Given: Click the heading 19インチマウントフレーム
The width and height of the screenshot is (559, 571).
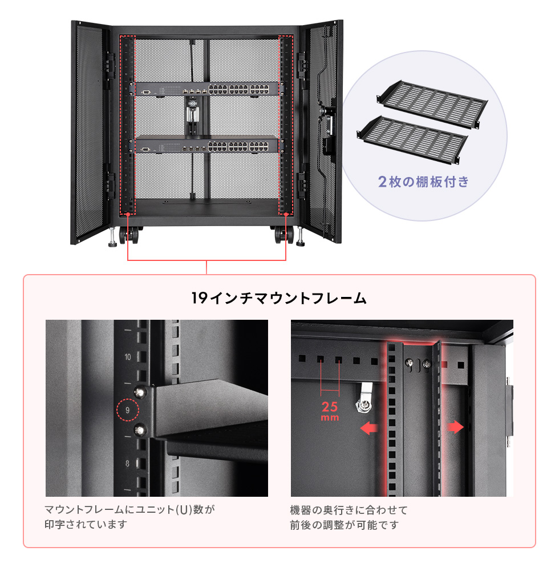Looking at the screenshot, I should (x=279, y=297).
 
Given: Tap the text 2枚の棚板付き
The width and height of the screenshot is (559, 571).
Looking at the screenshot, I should (x=423, y=182).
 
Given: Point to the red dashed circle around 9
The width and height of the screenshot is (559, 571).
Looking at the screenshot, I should (x=127, y=410).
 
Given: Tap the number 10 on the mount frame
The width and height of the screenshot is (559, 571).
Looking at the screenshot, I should (x=127, y=357).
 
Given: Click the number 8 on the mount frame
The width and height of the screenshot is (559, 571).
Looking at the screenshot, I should (x=127, y=464).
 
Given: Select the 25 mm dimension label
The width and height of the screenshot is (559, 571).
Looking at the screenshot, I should (x=330, y=411).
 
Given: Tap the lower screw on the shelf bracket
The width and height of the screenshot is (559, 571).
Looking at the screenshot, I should (x=139, y=429).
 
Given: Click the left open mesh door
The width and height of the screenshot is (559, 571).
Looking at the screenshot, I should (x=90, y=131).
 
